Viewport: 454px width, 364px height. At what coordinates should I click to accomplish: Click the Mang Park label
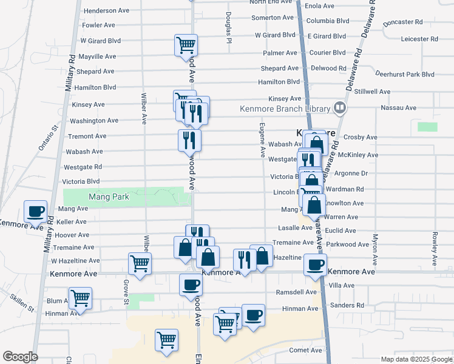[106, 197]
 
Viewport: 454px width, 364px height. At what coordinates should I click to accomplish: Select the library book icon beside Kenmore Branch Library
[340, 109]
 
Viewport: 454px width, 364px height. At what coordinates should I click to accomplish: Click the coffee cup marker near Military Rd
[36, 212]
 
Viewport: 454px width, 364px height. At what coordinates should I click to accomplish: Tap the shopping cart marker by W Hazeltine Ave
[140, 264]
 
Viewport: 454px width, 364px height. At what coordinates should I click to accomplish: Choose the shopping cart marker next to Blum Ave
[80, 298]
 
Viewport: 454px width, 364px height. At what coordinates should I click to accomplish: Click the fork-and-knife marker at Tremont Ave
[189, 140]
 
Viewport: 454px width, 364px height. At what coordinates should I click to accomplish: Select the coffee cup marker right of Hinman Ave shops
[254, 315]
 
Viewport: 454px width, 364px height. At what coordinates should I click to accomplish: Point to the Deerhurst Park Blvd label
[405, 75]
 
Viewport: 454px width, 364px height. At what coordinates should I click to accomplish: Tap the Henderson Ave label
[107, 11]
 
